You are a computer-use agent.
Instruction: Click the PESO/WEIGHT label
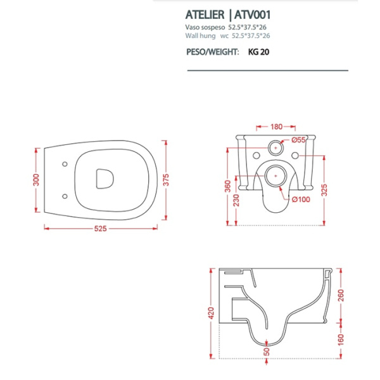[x=213, y=53]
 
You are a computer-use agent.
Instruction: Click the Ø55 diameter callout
[x=298, y=139]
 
